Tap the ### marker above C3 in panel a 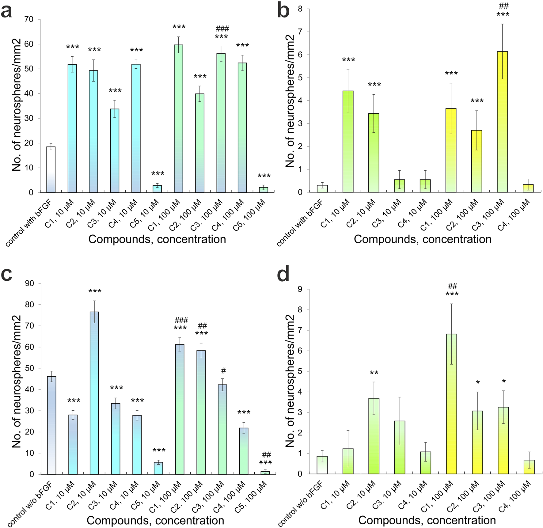tap(222, 29)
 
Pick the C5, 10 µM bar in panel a tap(157, 189)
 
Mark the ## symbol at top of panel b tap(503, 6)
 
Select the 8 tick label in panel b tap(300, 9)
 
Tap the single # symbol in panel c tap(223, 371)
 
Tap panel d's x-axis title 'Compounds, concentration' tap(427, 520)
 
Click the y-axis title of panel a tap(17, 104)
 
